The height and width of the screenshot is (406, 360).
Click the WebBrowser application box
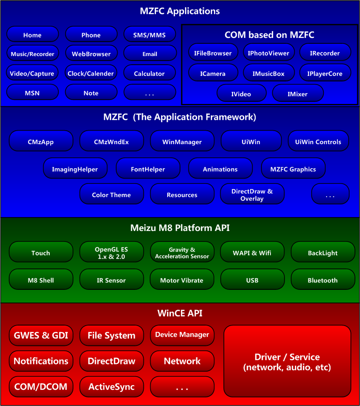pyautogui.click(x=91, y=54)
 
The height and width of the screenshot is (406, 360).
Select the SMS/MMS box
pyautogui.click(x=150, y=35)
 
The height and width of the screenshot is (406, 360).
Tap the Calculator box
pyautogui.click(x=150, y=74)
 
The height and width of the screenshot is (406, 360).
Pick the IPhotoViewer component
pyautogui.click(x=269, y=53)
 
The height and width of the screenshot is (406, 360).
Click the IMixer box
pyautogui.click(x=298, y=94)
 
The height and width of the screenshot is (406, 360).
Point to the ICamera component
pyautogui.click(x=213, y=74)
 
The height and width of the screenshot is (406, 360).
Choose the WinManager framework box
pyautogui.click(x=182, y=142)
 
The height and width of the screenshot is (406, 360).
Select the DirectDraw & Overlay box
pyautogui.click(x=252, y=195)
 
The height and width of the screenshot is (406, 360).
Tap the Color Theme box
pyautogui.click(x=111, y=195)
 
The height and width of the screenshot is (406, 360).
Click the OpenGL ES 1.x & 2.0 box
pyautogui.click(x=111, y=253)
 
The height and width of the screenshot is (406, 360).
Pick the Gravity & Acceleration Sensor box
pyautogui.click(x=182, y=253)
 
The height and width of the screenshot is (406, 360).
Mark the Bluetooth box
pyautogui.click(x=322, y=280)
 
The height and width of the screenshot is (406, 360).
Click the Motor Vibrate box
pyautogui.click(x=182, y=280)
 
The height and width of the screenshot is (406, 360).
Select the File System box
pyautogui.click(x=111, y=335)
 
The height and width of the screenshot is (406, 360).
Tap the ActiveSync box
pyautogui.click(x=111, y=387)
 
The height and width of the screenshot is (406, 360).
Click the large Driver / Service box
pyautogui.click(x=287, y=362)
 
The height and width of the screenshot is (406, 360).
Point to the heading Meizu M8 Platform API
pyautogui.click(x=180, y=228)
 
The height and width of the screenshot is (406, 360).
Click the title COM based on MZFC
pyautogui.click(x=270, y=35)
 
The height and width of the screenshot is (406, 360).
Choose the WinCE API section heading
pyautogui.click(x=180, y=313)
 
